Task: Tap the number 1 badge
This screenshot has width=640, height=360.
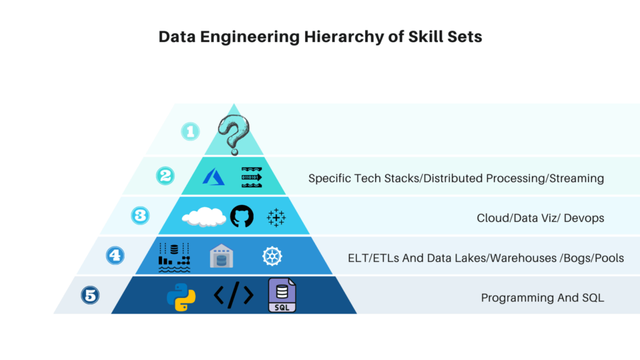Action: [x=191, y=131]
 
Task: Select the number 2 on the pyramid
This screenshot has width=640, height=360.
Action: [x=165, y=176]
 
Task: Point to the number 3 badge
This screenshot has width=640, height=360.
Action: [x=141, y=215]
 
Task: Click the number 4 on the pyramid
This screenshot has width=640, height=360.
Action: [x=115, y=255]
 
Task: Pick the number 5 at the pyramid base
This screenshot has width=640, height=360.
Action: [x=91, y=295]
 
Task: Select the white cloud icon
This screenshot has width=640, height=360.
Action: [x=204, y=216]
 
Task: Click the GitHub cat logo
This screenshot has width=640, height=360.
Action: [x=242, y=216]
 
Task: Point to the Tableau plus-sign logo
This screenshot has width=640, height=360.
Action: [x=276, y=217]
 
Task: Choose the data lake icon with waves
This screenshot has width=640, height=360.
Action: [x=174, y=257]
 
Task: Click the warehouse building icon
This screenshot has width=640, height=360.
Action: [x=221, y=256]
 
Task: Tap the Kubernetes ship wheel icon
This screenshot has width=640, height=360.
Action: [x=272, y=256]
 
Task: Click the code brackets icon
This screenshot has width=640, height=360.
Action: [x=233, y=295]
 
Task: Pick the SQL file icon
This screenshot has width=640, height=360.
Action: [x=282, y=295]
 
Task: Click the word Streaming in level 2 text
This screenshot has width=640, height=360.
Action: [x=575, y=178]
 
